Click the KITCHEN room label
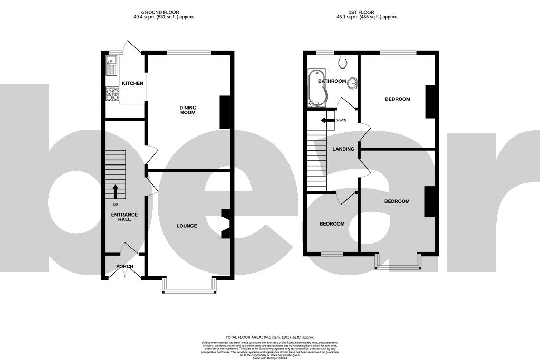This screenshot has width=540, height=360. [x=132, y=83]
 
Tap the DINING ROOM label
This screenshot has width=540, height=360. [x=188, y=109]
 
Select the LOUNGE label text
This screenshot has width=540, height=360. [x=187, y=226]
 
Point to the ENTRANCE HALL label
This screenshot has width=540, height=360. [x=124, y=217]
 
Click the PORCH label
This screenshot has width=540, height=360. [x=124, y=267]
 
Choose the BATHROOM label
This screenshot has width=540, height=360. [x=331, y=81]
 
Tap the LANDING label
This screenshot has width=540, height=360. [x=343, y=149]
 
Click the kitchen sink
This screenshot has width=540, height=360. [x=112, y=67]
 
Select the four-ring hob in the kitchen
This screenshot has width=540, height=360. [x=112, y=94]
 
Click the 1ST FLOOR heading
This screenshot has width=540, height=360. [x=369, y=12]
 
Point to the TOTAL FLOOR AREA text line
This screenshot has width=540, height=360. [x=269, y=337]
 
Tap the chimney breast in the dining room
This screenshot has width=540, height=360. [x=225, y=112]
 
